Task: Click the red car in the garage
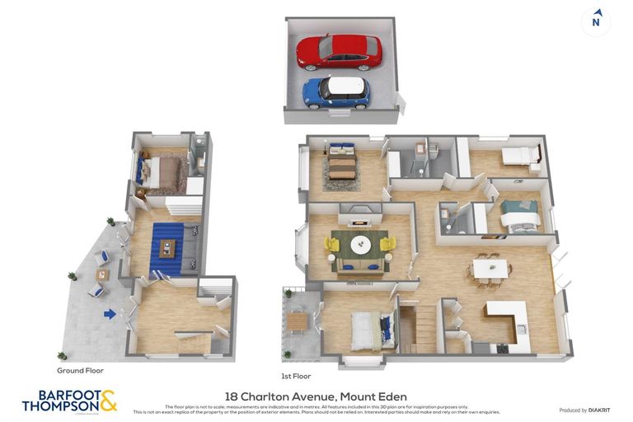(339, 52)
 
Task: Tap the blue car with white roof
(335, 91)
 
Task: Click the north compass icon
(596, 21)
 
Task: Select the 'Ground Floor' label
(80, 370)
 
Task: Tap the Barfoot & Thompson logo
(69, 401)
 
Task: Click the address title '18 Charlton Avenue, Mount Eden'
(316, 396)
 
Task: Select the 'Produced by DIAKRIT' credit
(585, 410)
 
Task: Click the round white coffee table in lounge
(361, 245)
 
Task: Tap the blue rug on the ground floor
(168, 248)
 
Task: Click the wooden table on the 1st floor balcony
(298, 321)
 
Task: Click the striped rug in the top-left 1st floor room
(341, 168)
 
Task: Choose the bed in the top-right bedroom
(519, 157)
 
